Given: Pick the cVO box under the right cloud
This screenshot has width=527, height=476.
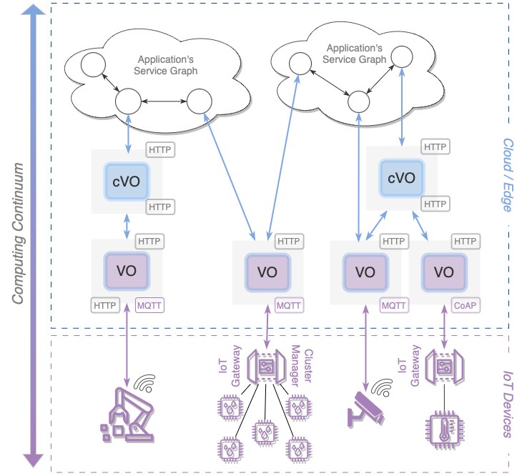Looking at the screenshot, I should [401, 177].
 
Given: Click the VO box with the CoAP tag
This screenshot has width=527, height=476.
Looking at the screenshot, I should [444, 272].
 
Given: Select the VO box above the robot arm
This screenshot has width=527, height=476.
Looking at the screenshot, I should [127, 271].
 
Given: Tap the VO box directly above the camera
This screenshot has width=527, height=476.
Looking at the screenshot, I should [365, 272].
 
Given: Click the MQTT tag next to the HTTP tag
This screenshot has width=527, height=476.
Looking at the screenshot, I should [149, 305].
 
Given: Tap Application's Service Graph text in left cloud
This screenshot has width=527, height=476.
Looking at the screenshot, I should [166, 65].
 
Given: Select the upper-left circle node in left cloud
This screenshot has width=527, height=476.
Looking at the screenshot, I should [92, 65].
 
